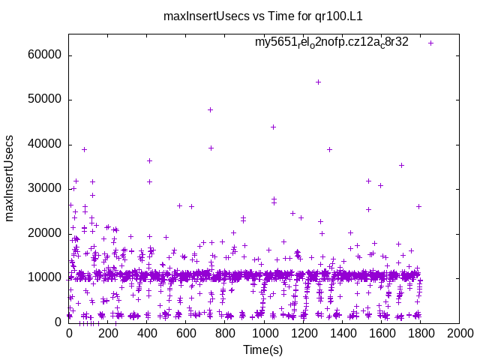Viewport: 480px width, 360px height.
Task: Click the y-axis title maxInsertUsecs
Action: [x=10, y=178]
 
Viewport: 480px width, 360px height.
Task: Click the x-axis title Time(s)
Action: [x=262, y=349]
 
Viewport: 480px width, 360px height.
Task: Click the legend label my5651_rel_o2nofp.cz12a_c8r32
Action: [x=331, y=43]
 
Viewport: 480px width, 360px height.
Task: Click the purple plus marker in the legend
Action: [x=430, y=43]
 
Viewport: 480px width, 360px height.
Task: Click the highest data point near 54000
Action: [x=318, y=82]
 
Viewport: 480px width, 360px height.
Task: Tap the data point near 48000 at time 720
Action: [x=210, y=109]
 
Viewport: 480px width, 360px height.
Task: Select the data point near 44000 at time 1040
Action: [x=273, y=127]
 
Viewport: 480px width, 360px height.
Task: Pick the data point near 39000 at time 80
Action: [x=84, y=149]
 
